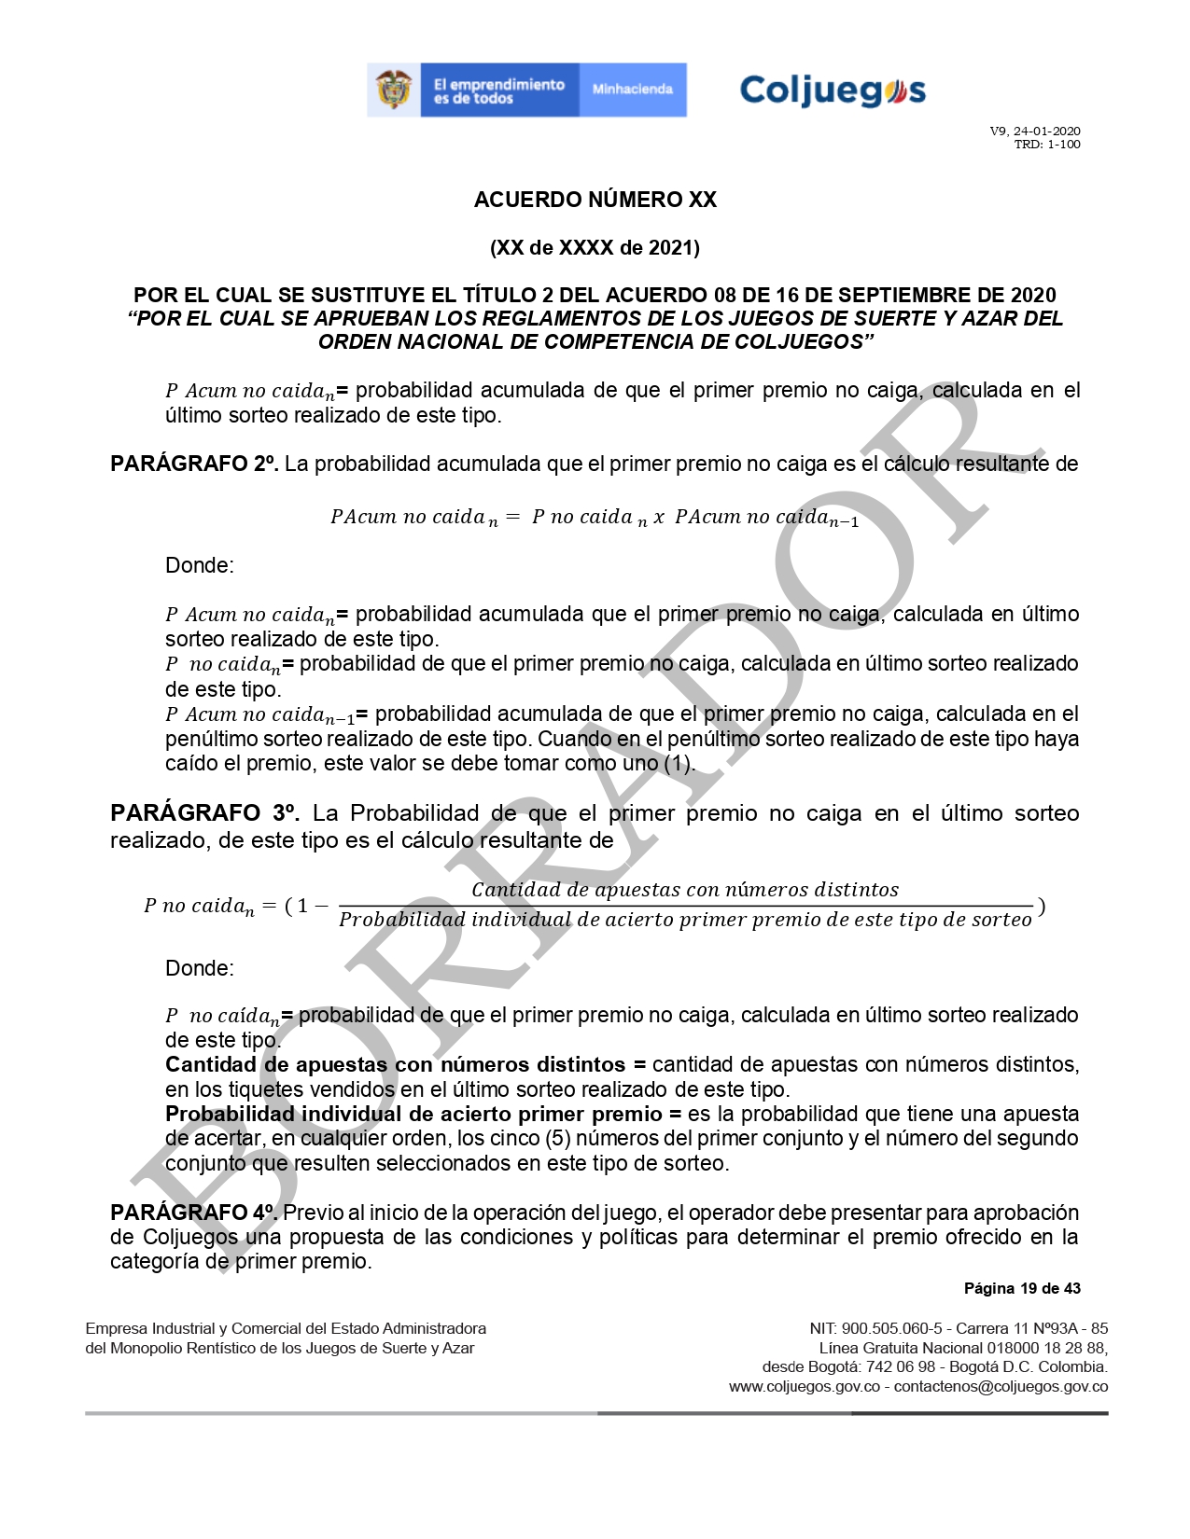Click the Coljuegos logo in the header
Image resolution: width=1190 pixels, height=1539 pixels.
pyautogui.click(x=832, y=90)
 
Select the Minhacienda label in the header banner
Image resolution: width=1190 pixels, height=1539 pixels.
pyautogui.click(x=632, y=90)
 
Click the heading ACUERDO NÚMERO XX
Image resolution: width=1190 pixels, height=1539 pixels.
pyautogui.click(x=595, y=200)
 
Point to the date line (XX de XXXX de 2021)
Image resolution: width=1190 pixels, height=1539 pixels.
pyautogui.click(x=595, y=247)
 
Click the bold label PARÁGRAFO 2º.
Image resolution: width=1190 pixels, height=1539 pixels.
pyautogui.click(x=193, y=464)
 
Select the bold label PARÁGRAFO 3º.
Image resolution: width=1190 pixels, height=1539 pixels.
pyautogui.click(x=204, y=813)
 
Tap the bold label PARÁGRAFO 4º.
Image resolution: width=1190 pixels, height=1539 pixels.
pyautogui.click(x=193, y=1213)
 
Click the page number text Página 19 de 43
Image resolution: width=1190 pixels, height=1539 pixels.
pyautogui.click(x=1022, y=1288)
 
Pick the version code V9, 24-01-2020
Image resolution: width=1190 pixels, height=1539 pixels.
pyautogui.click(x=1035, y=132)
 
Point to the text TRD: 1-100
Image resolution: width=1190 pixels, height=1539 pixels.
pyautogui.click(x=1047, y=145)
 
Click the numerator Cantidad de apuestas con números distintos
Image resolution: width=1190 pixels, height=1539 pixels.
pyautogui.click(x=685, y=890)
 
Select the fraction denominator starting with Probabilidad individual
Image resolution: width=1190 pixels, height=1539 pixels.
pyautogui.click(x=685, y=921)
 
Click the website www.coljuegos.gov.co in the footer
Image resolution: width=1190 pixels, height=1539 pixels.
pyautogui.click(x=805, y=1387)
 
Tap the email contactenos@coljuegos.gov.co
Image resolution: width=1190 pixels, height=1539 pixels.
pyautogui.click(x=1001, y=1387)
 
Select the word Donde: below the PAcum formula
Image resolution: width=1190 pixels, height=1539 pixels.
pyautogui.click(x=199, y=565)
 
